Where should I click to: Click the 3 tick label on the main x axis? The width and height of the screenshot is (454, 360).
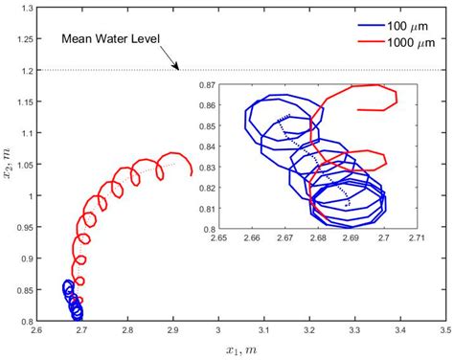point(218,332)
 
